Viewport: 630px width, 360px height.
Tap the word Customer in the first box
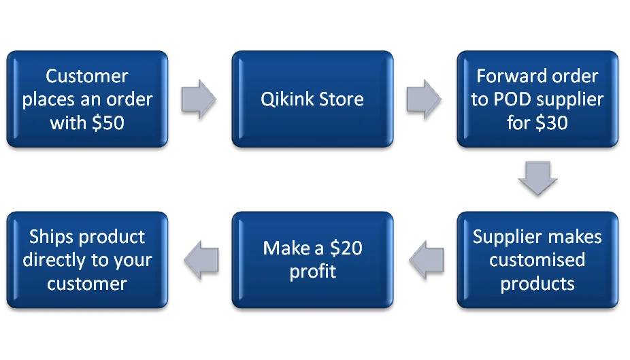tap(87, 76)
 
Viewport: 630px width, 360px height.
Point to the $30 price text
tap(551, 123)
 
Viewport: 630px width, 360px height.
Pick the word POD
tap(508, 99)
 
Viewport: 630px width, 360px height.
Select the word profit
tap(313, 271)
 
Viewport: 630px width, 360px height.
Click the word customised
tap(537, 259)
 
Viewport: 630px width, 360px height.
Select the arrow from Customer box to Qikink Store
tap(199, 99)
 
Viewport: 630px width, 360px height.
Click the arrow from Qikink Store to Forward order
tap(424, 99)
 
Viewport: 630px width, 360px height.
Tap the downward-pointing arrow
tap(537, 177)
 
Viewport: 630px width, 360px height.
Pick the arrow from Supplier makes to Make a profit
tap(426, 259)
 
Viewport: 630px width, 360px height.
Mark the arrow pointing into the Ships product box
tap(201, 259)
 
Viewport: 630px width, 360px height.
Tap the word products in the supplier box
tap(537, 283)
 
